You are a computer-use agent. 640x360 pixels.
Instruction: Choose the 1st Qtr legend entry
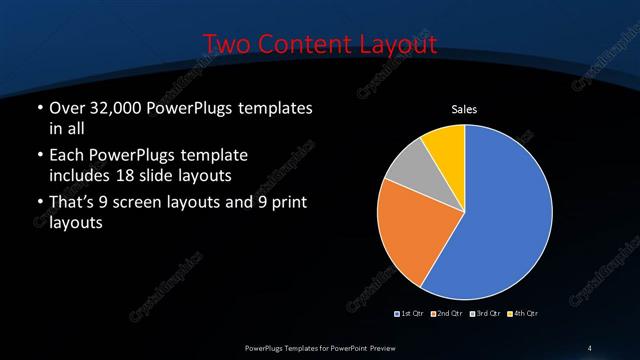(x=411, y=314)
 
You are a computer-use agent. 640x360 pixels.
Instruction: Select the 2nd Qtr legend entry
(x=447, y=314)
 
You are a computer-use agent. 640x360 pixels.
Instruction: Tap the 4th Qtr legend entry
(x=522, y=314)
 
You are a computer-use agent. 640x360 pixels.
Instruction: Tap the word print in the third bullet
(x=287, y=204)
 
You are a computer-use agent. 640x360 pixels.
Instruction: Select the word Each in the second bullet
(x=67, y=157)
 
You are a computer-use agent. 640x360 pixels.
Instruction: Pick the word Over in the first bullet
(x=68, y=108)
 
